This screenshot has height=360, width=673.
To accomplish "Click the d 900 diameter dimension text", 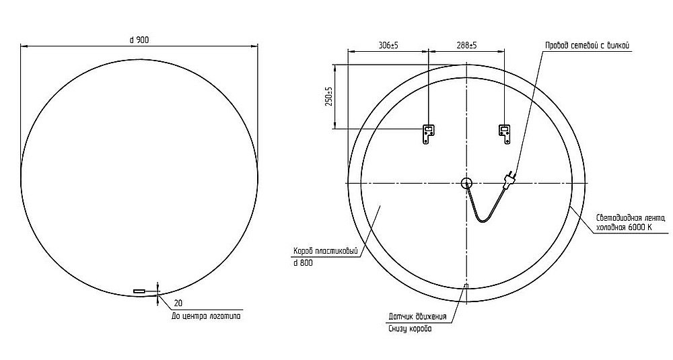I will (139, 40).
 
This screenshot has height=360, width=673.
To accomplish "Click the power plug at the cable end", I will (510, 178).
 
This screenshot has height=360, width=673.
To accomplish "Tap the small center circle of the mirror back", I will (466, 183).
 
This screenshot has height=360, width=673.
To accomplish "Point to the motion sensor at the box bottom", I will (466, 288).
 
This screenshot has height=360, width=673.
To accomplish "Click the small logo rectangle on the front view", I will (139, 291).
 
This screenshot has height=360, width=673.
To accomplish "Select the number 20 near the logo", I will (178, 303).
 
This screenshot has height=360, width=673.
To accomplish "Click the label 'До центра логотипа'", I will (206, 315).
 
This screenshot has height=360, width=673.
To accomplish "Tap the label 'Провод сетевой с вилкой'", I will (587, 45).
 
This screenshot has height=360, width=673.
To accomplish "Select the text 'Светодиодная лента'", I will (630, 217).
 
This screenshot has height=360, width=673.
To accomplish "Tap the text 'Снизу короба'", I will (409, 328).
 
